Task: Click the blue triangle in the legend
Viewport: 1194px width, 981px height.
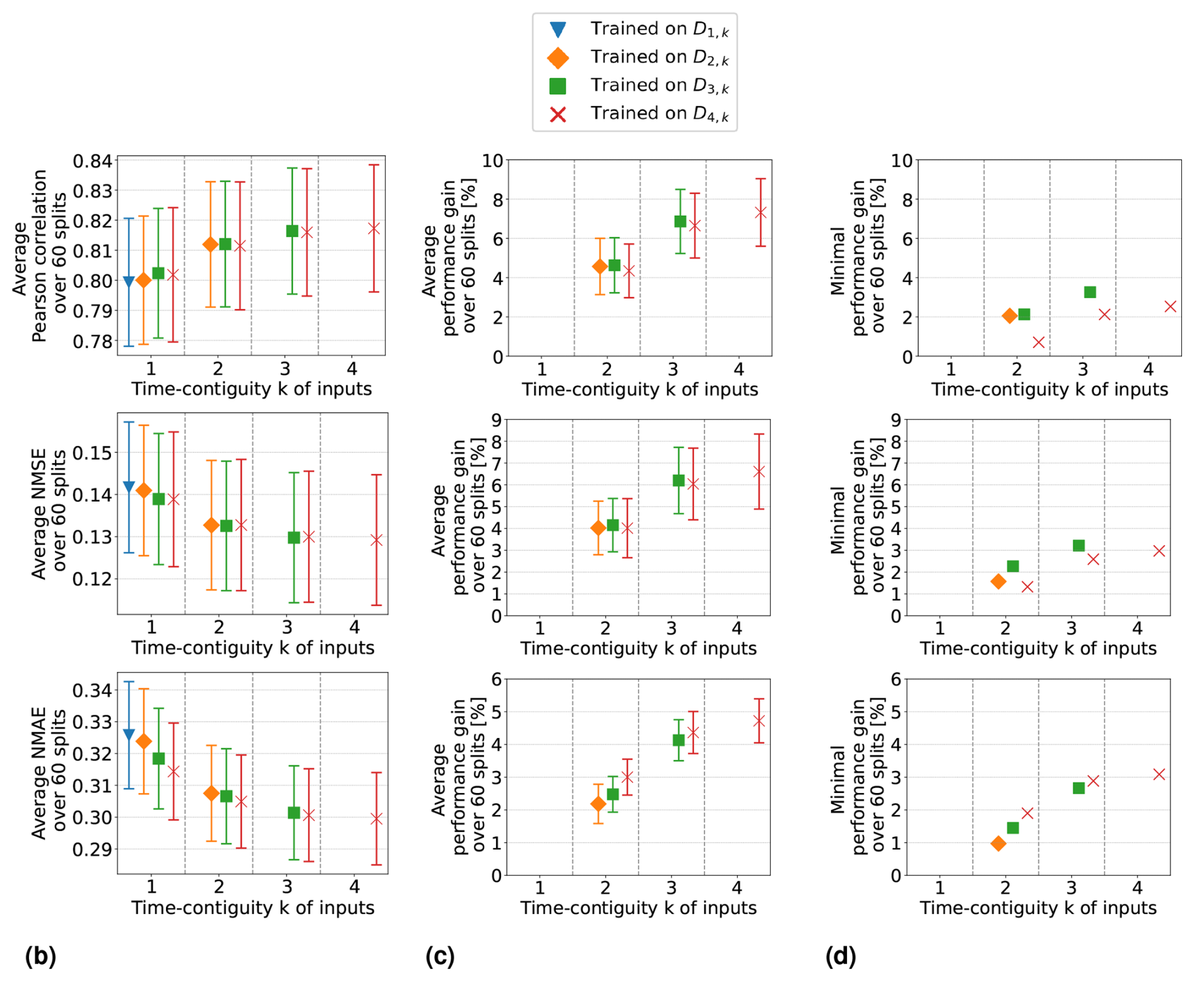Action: coord(558,30)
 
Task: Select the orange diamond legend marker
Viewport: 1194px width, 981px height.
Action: coord(558,58)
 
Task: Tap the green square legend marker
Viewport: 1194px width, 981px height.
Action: coord(558,86)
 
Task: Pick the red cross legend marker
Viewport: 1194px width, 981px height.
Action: coord(558,114)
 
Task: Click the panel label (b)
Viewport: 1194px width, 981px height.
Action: coord(40,956)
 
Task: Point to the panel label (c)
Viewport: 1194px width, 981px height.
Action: coord(440,956)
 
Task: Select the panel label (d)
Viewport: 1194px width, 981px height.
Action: coord(841,956)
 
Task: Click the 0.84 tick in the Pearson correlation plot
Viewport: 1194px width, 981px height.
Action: coord(93,162)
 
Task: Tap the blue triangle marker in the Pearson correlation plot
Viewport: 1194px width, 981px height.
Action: coord(129,281)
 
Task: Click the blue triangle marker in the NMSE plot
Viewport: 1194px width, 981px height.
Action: coord(129,486)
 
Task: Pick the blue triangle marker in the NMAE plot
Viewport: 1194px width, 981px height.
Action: coord(129,734)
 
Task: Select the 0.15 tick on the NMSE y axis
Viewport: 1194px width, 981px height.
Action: coord(93,453)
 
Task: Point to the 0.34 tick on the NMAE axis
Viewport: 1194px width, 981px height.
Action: coord(93,690)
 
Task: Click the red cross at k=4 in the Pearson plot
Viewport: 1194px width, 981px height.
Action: coord(374,228)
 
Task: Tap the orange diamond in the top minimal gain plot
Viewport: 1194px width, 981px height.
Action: coord(1010,315)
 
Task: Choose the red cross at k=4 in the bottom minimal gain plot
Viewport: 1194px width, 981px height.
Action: coord(1159,774)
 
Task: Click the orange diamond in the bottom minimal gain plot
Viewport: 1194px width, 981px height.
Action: coord(998,843)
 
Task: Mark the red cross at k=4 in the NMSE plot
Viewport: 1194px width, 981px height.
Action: coord(377,540)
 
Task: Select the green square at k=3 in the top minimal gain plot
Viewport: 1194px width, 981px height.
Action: coord(1090,292)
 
